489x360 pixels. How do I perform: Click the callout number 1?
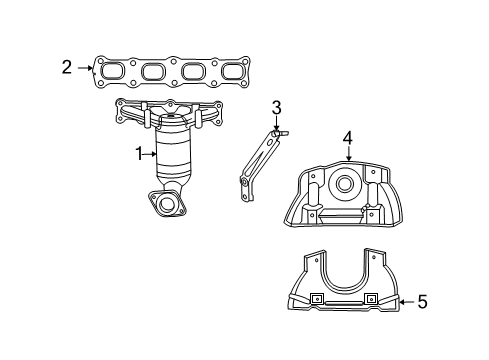(x=140, y=153)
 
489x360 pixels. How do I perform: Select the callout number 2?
(x=66, y=68)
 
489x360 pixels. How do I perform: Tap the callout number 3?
(x=276, y=108)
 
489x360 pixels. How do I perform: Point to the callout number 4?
(x=348, y=138)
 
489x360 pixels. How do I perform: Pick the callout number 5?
(x=421, y=301)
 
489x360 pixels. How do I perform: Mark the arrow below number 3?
(x=276, y=125)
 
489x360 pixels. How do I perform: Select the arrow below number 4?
(x=348, y=155)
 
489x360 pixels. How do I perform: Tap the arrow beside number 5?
(x=402, y=301)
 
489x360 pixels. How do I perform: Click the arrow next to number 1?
(x=155, y=153)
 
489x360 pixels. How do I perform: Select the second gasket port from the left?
(x=153, y=71)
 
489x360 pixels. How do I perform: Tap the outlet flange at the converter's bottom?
(x=169, y=206)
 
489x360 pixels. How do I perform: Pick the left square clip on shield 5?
(x=315, y=299)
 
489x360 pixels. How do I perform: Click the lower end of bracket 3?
(x=243, y=181)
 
